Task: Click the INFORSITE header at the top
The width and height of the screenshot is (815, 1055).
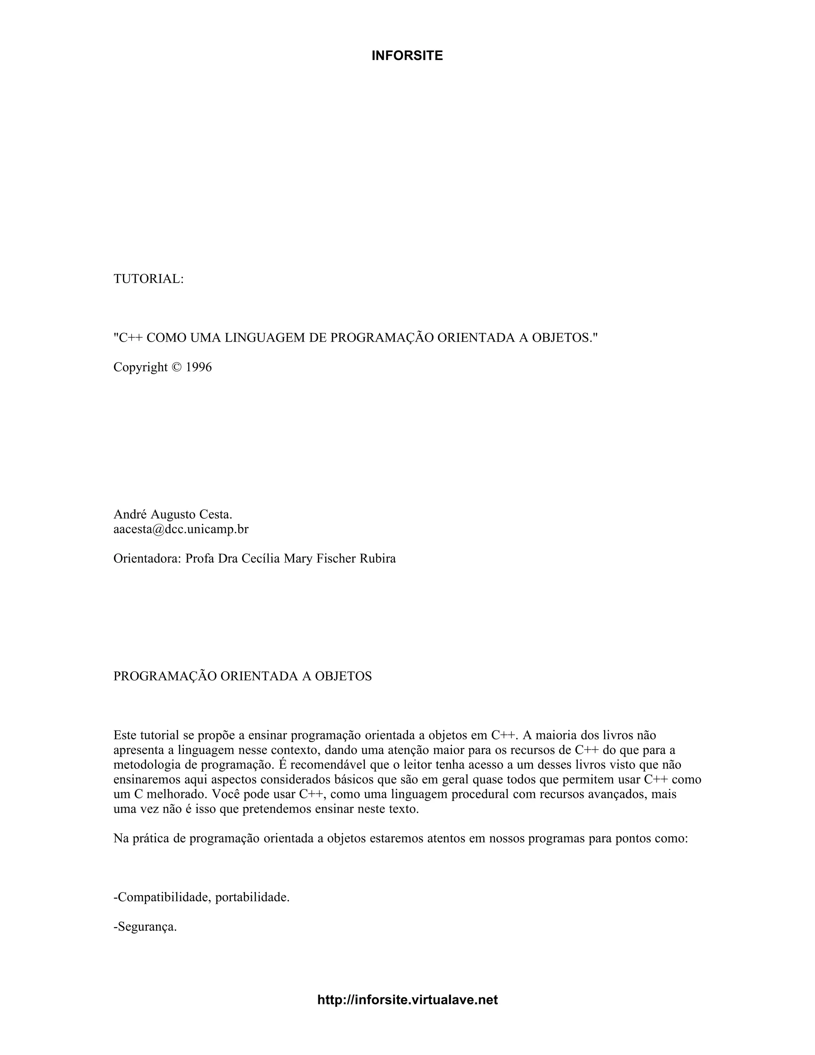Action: (407, 56)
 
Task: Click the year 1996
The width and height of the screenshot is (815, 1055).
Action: (199, 367)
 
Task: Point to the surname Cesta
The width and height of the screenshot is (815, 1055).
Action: (216, 514)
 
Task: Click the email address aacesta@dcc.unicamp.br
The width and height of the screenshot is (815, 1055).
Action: (181, 529)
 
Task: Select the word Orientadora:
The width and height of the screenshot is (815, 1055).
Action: (147, 559)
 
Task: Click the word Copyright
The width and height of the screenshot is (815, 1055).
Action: (140, 367)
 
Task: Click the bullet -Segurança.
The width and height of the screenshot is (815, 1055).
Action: (145, 927)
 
